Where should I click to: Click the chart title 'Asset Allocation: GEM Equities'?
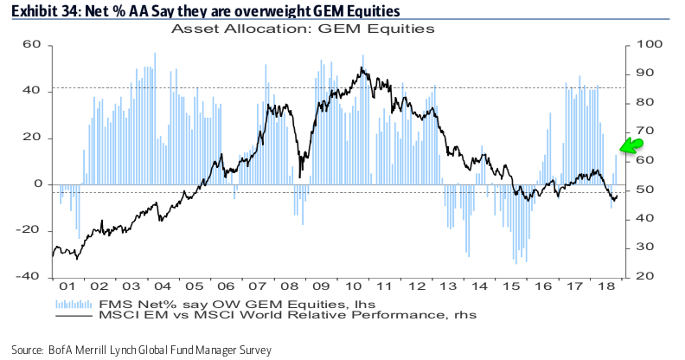(x=303, y=28)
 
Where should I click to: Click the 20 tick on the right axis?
(x=644, y=276)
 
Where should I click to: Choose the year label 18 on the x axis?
(x=607, y=286)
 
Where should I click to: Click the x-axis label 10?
(x=352, y=286)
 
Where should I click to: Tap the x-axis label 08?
(x=288, y=286)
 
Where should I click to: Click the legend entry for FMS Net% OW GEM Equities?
(x=199, y=303)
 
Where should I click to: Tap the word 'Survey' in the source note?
(x=253, y=350)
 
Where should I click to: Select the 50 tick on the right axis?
(x=644, y=190)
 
